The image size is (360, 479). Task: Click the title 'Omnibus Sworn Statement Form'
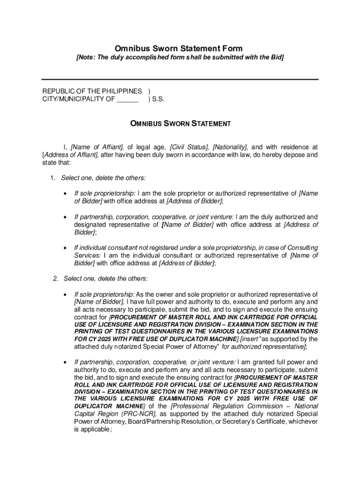tap(179, 49)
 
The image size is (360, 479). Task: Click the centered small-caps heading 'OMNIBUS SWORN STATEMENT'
tap(180, 124)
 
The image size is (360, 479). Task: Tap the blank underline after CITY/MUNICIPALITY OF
tap(128, 99)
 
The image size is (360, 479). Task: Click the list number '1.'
tap(53, 178)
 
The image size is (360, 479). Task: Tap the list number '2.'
tap(56, 279)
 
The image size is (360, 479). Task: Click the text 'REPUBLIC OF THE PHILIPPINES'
tap(92, 91)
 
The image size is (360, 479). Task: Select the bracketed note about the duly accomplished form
tap(180, 58)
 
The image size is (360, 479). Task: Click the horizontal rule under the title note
tap(180, 80)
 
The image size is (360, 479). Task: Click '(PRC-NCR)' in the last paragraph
tap(138, 414)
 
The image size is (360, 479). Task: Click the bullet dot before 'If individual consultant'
tap(64, 248)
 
